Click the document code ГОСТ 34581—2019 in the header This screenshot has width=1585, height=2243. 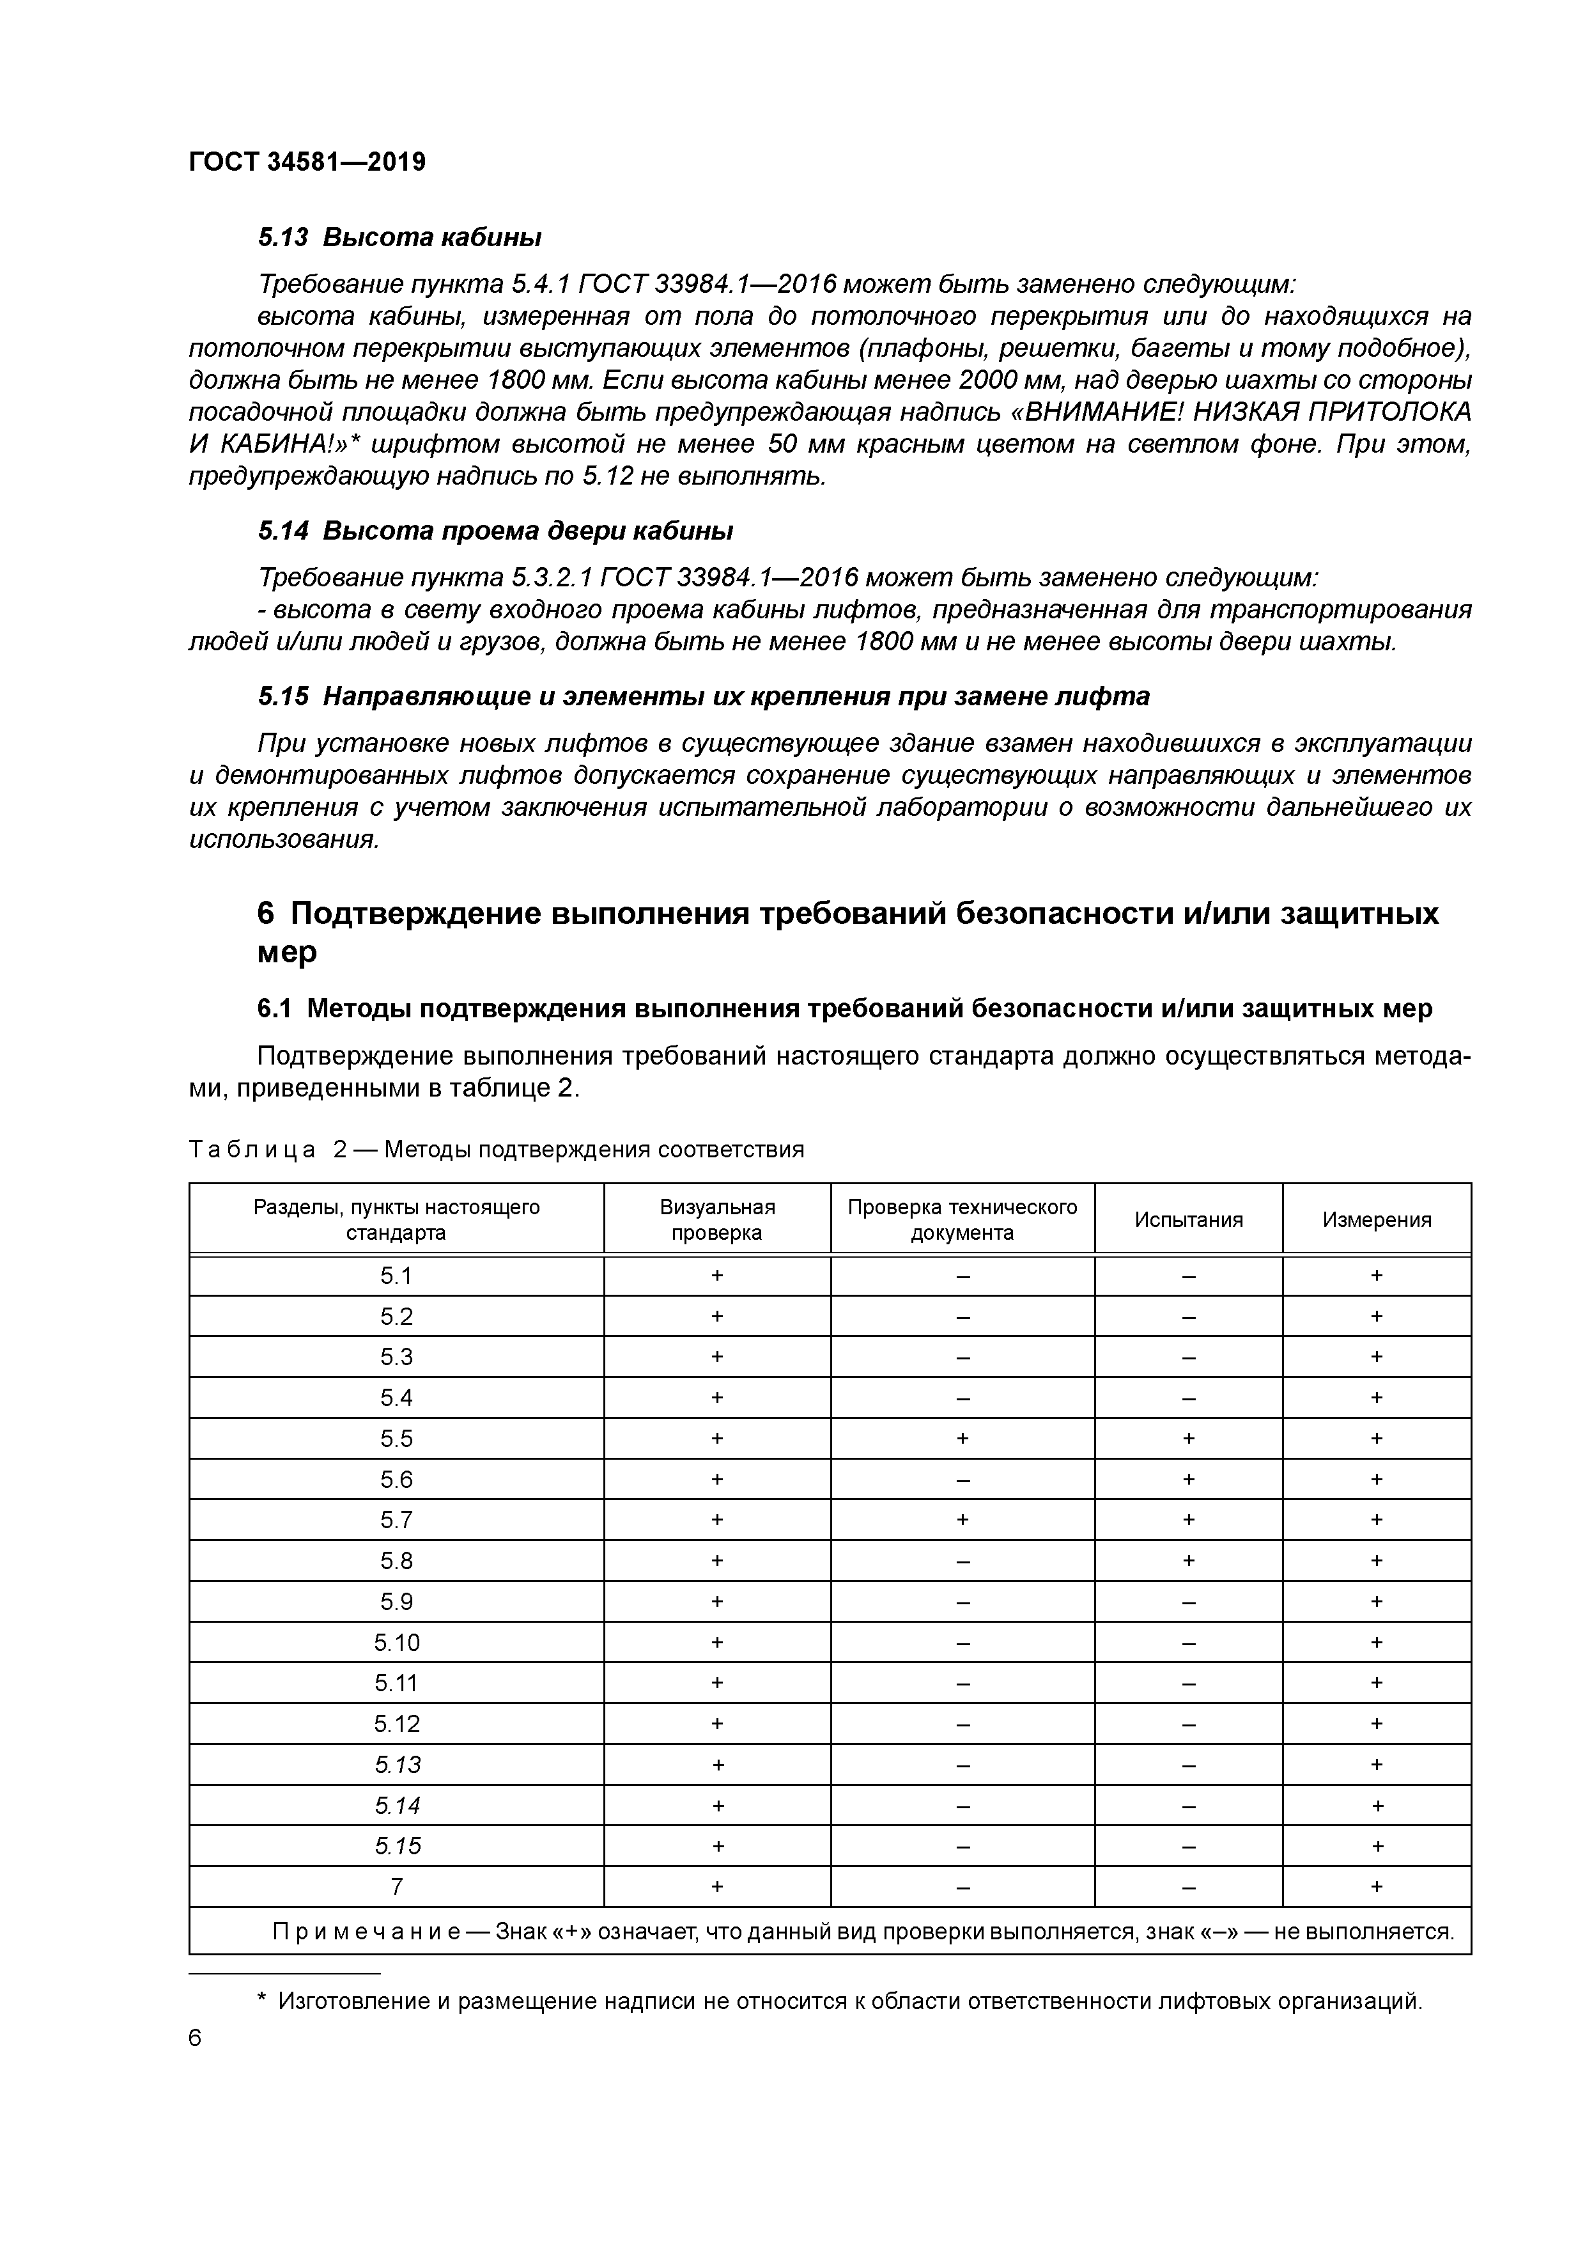pos(307,162)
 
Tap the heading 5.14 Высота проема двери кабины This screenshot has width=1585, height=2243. pos(495,531)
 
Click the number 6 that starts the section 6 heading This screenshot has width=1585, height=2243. pos(267,914)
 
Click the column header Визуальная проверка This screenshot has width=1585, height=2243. pos(717,1219)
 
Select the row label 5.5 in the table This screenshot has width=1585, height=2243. pos(396,1438)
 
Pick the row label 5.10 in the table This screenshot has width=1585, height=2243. pos(396,1642)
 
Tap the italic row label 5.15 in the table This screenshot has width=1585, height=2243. pos(396,1845)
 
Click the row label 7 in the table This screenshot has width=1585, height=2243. pos(396,1886)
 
